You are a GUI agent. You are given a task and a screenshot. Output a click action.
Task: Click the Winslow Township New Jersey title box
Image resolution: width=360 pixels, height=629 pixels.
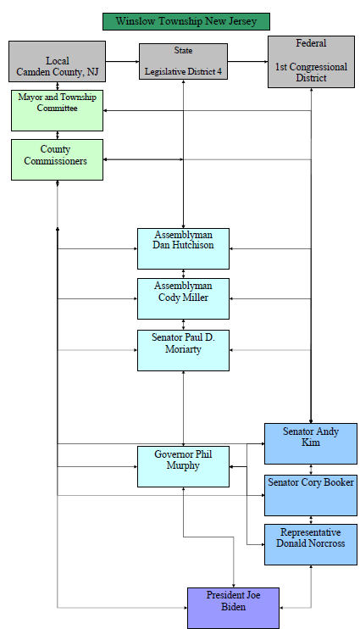[186, 22]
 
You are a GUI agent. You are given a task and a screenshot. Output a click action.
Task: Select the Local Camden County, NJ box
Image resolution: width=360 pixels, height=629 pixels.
[58, 61]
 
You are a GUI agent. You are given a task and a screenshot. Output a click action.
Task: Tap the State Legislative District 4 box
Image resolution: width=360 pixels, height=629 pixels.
[183, 61]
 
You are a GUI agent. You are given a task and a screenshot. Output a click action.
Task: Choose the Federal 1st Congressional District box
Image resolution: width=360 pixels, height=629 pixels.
[310, 61]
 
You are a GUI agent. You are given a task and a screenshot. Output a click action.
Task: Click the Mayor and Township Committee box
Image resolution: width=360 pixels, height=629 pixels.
[58, 109]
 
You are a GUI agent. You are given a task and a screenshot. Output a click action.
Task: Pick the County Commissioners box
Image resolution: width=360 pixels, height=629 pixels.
[58, 159]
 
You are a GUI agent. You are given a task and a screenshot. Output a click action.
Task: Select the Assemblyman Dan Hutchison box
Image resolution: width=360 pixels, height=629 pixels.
[183, 248]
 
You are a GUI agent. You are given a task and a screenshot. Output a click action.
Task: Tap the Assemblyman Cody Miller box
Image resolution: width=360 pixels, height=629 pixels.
[183, 298]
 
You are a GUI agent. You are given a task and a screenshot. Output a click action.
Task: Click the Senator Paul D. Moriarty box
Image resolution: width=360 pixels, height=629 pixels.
[183, 349]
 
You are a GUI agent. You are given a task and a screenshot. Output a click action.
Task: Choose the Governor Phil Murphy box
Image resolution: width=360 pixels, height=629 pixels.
[183, 466]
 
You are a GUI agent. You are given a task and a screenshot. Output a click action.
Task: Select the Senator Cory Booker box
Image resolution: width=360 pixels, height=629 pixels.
[310, 494]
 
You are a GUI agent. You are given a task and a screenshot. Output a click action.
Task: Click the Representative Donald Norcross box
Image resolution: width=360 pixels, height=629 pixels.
[310, 544]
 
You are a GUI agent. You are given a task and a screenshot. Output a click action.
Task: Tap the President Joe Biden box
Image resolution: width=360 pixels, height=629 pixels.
[233, 607]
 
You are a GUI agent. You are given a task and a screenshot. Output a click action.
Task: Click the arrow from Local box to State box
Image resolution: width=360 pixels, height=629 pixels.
[122, 61]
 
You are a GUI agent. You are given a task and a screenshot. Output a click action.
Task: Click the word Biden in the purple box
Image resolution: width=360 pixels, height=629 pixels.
[233, 608]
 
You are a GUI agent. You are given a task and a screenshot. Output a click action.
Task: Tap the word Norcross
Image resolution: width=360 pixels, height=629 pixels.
[324, 543]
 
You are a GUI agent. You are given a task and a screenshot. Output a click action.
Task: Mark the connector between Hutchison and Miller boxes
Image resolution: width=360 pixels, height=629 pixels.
[183, 274]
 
